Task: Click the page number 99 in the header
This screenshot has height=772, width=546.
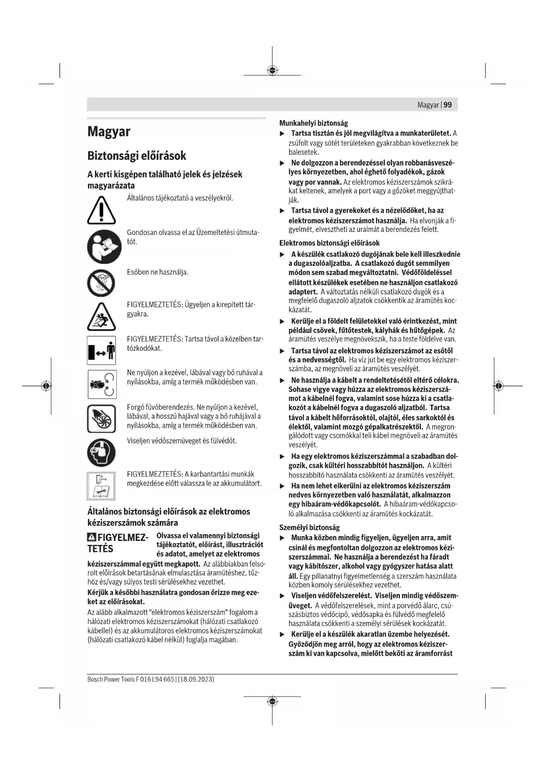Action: [x=447, y=105]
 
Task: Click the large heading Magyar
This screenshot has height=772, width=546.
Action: [x=109, y=132]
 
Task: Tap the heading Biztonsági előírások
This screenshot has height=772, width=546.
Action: [x=136, y=156]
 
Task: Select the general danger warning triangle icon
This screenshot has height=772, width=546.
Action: [x=101, y=210]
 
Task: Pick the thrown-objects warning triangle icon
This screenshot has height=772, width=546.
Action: [x=102, y=317]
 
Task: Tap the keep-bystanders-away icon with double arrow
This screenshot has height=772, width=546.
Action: [x=101, y=350]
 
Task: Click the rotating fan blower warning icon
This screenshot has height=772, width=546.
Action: [x=101, y=419]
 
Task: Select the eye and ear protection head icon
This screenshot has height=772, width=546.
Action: [x=101, y=452]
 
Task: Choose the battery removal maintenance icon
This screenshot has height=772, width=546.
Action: [x=101, y=485]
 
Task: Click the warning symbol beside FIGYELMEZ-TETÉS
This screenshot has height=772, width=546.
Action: [x=92, y=537]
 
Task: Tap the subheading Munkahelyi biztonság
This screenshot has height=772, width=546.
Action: [x=313, y=123]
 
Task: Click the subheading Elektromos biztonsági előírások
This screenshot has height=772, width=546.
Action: [x=329, y=243]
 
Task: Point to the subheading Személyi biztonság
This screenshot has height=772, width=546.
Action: [x=309, y=527]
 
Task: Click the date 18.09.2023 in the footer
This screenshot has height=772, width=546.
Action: [x=196, y=679]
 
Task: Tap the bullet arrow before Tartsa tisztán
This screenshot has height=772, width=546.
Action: [x=282, y=133]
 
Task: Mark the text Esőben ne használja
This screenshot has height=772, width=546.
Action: [x=158, y=272]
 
